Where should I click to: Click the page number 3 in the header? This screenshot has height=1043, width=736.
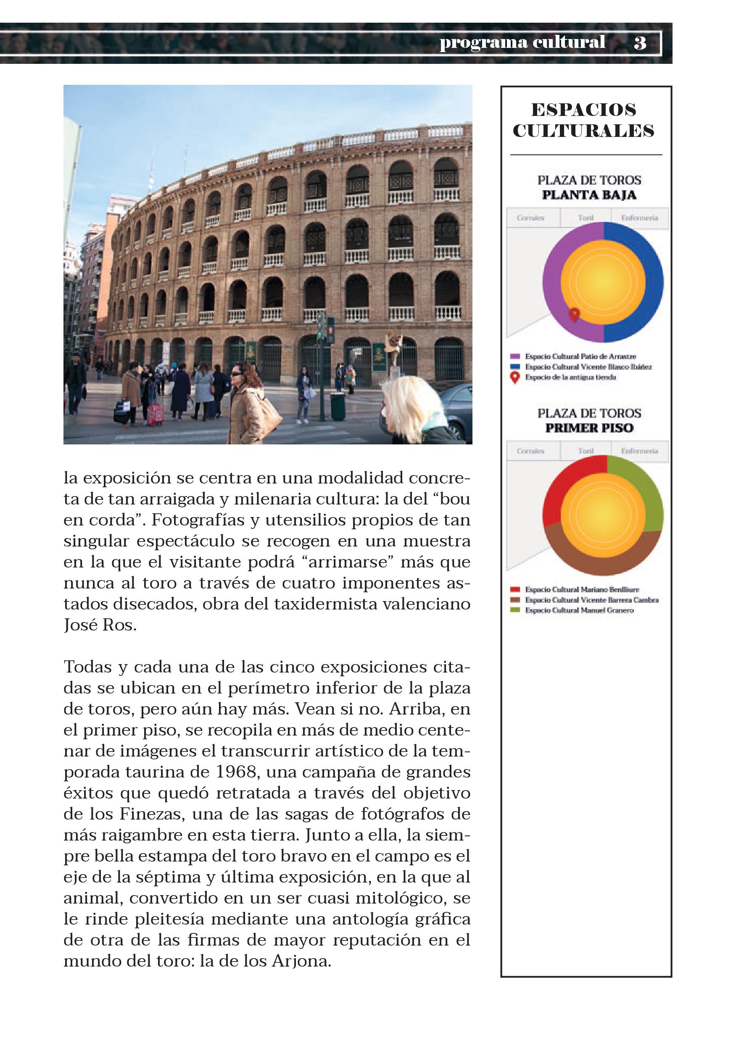(640, 43)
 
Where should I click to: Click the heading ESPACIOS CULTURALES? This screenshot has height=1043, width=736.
(583, 121)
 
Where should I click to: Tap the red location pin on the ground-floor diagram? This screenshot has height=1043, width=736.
(574, 314)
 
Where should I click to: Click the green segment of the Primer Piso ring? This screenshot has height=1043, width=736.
(646, 491)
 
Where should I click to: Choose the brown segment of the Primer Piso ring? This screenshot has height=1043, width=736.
(604, 563)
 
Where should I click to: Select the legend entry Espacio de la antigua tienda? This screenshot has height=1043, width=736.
(570, 377)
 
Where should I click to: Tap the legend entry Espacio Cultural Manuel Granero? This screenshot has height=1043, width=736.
(579, 610)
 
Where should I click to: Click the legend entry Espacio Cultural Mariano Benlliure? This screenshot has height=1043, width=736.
(581, 590)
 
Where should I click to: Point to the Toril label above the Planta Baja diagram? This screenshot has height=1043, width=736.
(586, 218)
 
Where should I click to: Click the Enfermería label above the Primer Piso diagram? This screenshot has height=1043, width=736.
(639, 451)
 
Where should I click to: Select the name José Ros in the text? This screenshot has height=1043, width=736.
(99, 625)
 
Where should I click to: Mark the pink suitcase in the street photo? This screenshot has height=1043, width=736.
(155, 414)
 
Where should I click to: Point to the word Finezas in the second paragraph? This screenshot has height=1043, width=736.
(152, 814)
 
